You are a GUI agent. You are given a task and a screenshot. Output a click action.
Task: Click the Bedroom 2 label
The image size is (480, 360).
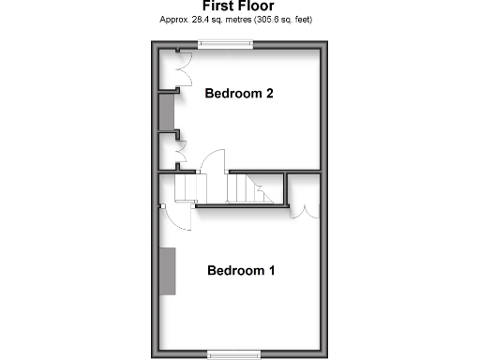(x=239, y=93)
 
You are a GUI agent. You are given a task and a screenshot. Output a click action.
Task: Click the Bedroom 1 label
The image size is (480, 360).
(x=241, y=271)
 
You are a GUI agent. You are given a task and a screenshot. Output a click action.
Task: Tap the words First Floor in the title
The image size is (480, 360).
(x=239, y=7)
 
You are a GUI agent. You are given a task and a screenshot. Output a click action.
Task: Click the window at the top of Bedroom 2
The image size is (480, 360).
(x=225, y=42)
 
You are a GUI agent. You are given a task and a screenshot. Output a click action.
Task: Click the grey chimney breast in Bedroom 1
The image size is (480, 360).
(x=168, y=271)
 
